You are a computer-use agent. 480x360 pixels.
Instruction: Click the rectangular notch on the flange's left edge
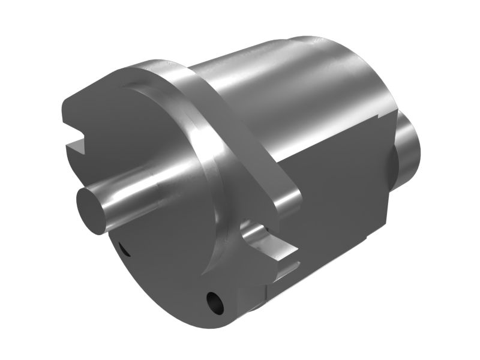pyautogui.click(x=78, y=144)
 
